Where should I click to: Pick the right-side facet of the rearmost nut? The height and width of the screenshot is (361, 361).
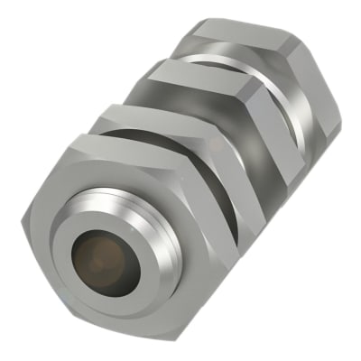coord(320,99)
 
